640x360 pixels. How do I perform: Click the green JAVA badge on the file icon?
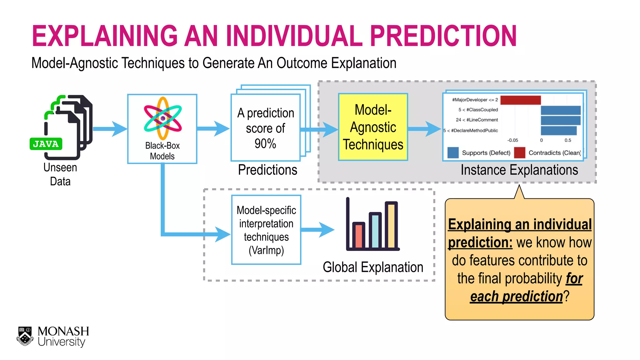pos(46,144)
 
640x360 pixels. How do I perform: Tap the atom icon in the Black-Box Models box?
pos(162,118)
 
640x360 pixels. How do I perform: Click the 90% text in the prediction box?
pos(265,144)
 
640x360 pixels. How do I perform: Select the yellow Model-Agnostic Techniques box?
pos(373,127)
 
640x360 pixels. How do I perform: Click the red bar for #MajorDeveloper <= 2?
pos(520,100)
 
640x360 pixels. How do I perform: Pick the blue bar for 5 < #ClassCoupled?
pos(560,110)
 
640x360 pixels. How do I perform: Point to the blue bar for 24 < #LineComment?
pos(560,120)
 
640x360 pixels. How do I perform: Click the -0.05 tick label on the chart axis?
pos(512,140)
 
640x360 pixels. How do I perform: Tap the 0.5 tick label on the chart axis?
pos(568,140)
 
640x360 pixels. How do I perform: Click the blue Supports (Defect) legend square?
pos(453,152)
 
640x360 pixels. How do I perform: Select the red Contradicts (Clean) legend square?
pos(519,152)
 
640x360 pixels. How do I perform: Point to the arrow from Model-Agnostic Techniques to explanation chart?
pos(424,129)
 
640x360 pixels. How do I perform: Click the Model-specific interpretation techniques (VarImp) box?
pos(266,230)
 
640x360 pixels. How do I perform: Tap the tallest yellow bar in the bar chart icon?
pos(391,225)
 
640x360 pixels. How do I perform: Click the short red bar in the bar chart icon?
pos(358,236)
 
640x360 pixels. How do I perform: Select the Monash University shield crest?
pos(25,336)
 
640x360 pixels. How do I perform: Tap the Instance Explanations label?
pos(519,170)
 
